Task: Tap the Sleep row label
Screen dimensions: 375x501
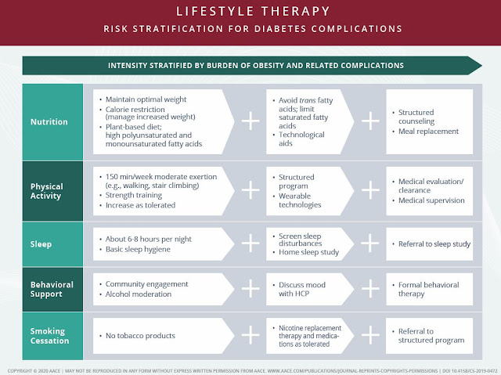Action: coord(41,243)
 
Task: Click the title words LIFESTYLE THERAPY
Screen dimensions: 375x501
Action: coord(250,12)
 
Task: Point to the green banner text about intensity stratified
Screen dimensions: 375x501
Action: coord(250,65)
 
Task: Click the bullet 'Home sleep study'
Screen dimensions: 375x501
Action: coord(312,250)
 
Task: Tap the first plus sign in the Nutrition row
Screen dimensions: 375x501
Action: coord(250,122)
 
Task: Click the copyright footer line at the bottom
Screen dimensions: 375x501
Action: coord(250,367)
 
